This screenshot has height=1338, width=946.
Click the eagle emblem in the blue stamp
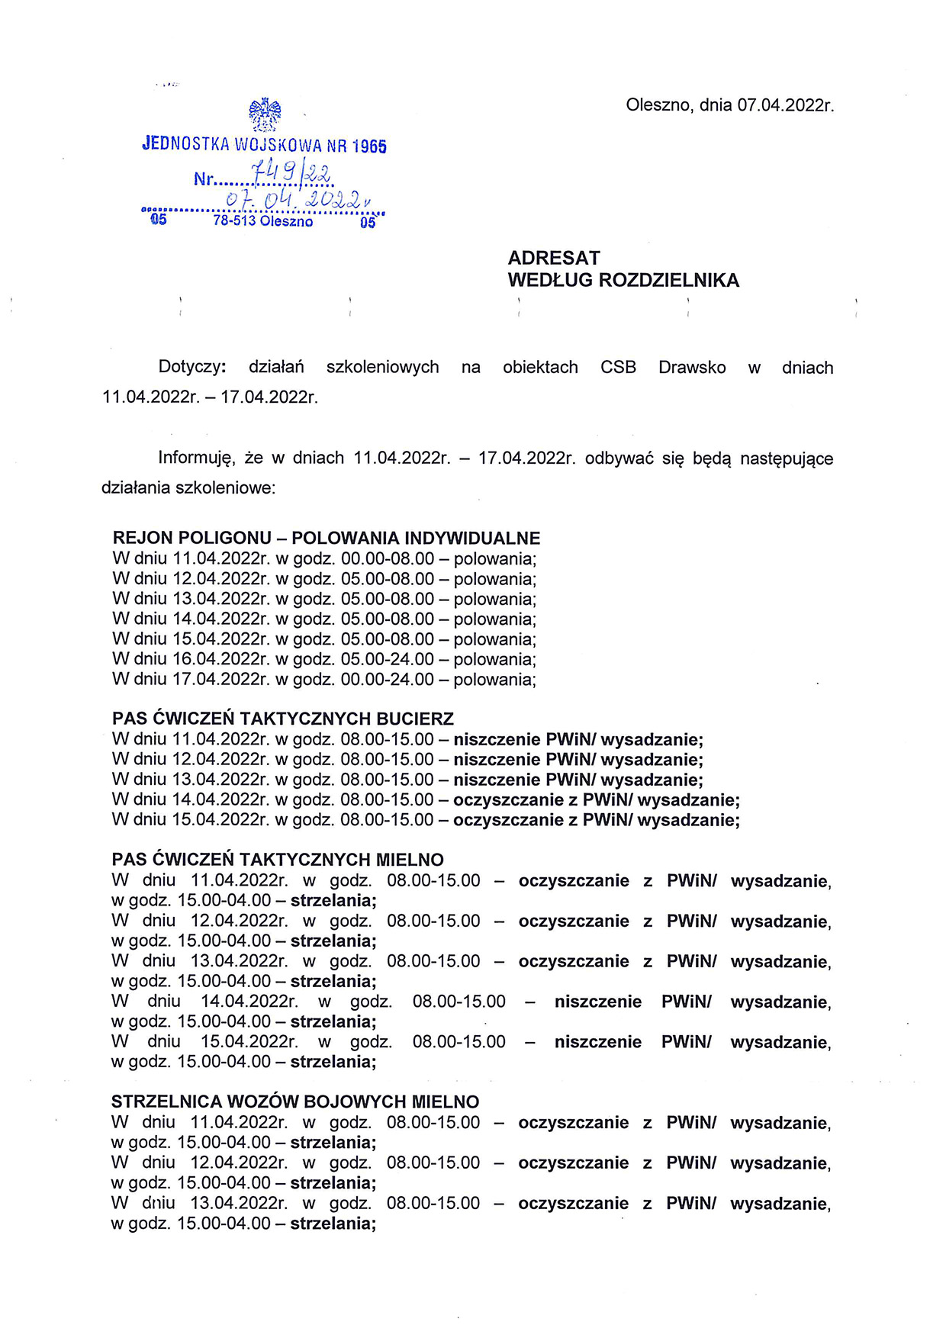pyautogui.click(x=265, y=115)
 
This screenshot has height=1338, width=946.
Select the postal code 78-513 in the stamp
pyautogui.click(x=234, y=221)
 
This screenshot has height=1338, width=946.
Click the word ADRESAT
pyautogui.click(x=554, y=258)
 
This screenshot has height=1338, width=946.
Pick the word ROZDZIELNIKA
pyautogui.click(x=669, y=281)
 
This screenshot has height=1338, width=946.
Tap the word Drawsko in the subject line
pyautogui.click(x=692, y=367)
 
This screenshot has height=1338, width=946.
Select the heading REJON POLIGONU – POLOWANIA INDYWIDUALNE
pyautogui.click(x=327, y=538)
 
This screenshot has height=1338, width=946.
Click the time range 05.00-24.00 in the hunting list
pyautogui.click(x=388, y=659)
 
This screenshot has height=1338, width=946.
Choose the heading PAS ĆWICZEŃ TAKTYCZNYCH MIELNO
pyautogui.click(x=278, y=860)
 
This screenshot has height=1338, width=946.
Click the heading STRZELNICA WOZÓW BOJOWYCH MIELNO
pyautogui.click(x=295, y=1102)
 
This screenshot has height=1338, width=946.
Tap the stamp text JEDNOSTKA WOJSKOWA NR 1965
pyautogui.click(x=264, y=145)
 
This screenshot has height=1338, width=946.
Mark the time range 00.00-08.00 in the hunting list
pyautogui.click(x=388, y=558)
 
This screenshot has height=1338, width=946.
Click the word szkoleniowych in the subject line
pyautogui.click(x=382, y=367)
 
